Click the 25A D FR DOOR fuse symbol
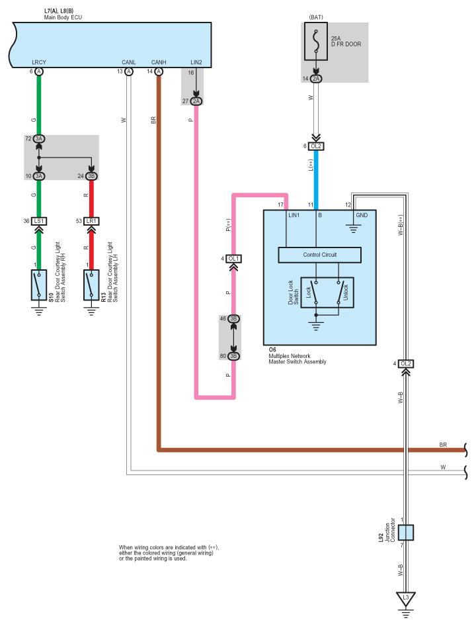click(316, 41)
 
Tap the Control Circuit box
click(319, 255)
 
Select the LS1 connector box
click(39, 221)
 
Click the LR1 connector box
click(91, 221)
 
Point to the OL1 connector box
click(233, 259)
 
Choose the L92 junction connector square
click(406, 533)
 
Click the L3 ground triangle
click(406, 599)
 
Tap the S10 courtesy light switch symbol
click(39, 285)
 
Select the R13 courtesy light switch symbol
click(91, 285)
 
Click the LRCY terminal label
click(39, 62)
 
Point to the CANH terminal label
click(159, 62)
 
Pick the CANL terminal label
click(129, 62)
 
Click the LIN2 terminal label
click(196, 62)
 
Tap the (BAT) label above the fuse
click(316, 17)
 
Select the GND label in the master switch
click(362, 215)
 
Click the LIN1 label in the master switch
click(294, 215)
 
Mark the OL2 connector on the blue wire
click(316, 146)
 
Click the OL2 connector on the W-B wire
click(406, 364)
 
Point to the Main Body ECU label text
click(63, 17)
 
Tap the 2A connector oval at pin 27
click(196, 101)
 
